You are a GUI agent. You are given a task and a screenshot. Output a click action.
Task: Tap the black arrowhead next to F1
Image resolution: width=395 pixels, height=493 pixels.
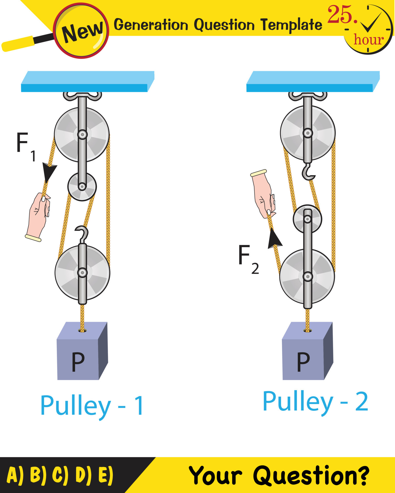[x=49, y=172]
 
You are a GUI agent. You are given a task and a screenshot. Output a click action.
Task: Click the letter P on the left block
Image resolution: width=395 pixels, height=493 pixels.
[x=78, y=362]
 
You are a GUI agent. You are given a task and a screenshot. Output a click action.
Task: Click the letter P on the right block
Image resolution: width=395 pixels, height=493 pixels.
[x=303, y=362]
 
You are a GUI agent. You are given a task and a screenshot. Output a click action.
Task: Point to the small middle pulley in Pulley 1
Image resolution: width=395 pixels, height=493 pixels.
[x=82, y=187]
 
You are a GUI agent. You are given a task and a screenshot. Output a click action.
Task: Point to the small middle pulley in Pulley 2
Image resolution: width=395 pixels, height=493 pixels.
[x=307, y=219]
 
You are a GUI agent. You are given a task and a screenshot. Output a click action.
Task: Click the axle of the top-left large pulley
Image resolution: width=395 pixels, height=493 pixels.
[x=82, y=134]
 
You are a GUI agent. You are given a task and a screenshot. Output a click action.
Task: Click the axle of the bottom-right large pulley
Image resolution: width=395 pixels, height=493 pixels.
[x=307, y=277]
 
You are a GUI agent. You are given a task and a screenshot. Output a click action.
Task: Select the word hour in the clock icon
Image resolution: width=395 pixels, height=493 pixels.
[x=368, y=40]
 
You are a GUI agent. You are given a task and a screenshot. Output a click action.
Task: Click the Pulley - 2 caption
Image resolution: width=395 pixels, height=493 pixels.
[x=315, y=402]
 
